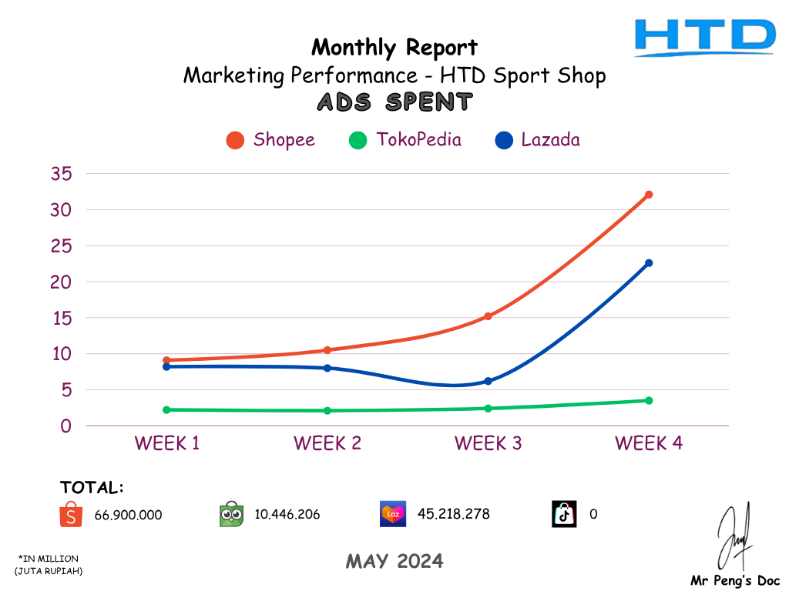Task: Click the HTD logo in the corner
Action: click(704, 38)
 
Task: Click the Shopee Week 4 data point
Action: click(649, 195)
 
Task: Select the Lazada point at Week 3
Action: click(488, 381)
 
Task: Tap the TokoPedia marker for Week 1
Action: click(166, 409)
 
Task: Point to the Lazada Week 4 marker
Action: click(649, 263)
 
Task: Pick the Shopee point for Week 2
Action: click(327, 350)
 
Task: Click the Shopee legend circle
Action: click(236, 140)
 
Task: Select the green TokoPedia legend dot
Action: click(358, 140)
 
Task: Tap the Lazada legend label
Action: click(550, 140)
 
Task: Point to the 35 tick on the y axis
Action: click(62, 174)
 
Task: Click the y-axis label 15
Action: click(62, 318)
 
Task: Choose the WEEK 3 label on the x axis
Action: click(488, 443)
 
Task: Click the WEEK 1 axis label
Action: click(166, 443)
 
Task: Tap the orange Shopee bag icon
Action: click(70, 514)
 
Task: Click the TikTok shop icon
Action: click(564, 514)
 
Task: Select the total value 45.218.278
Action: click(453, 514)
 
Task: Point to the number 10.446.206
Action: click(287, 514)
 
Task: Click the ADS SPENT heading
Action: click(394, 102)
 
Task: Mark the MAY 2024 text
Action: click(394, 562)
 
